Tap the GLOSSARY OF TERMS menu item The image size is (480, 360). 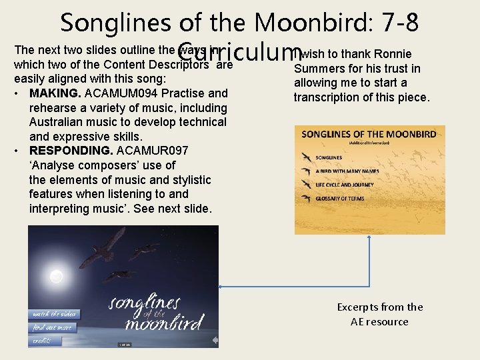coord(344,198)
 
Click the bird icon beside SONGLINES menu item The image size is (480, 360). coord(305,157)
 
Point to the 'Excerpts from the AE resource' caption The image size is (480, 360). coord(379,314)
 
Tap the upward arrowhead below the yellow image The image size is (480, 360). coord(371,239)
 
